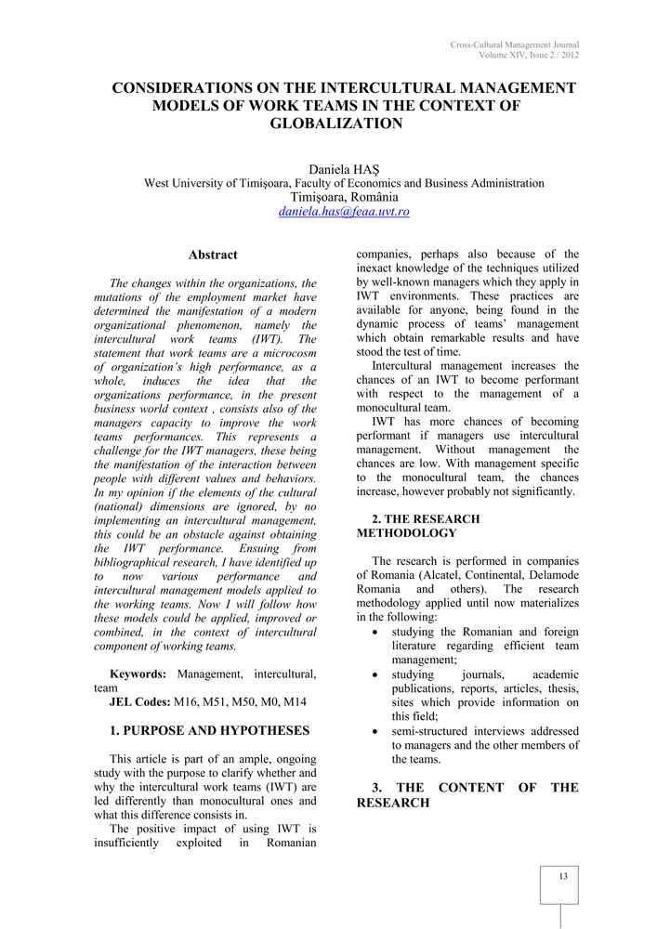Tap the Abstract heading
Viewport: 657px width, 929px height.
213,255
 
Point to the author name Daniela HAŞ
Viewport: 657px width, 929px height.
344,169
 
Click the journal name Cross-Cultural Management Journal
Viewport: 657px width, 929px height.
515,45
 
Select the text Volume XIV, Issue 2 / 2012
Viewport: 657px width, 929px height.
529,55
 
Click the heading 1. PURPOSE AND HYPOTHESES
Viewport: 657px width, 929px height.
209,731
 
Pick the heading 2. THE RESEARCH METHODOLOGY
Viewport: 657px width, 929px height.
418,526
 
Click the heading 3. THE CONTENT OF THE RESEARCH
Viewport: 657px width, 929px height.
467,795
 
